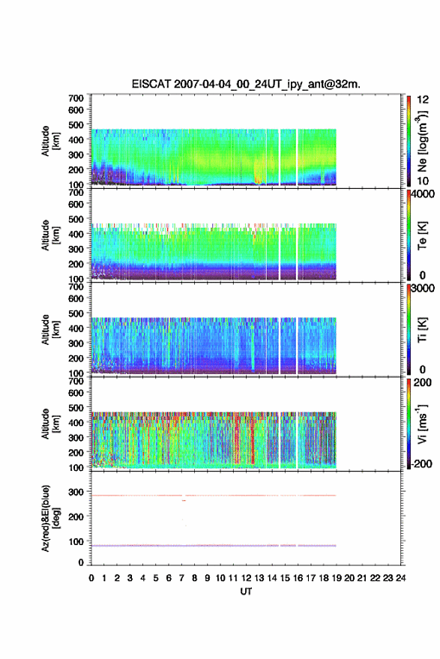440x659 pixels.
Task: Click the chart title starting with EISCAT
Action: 246,84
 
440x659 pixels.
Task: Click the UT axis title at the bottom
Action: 246,592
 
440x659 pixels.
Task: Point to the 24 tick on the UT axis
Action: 400,578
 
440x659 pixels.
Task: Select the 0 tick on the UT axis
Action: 91,578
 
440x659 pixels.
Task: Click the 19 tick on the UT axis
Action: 337,578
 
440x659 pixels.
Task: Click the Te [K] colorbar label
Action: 422,235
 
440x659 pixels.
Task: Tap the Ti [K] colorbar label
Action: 422,330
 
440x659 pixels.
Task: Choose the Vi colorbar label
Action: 422,424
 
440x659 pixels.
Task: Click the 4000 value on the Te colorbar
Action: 422,193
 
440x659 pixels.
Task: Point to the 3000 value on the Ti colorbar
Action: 422,288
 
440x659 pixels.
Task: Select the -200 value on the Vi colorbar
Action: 421,463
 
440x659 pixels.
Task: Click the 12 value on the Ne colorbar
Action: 423,100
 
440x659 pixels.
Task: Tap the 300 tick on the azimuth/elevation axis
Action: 76,492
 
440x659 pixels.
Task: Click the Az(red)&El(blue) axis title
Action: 50,518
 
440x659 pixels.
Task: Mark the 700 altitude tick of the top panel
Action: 76,98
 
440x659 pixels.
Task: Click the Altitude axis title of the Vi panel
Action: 50,424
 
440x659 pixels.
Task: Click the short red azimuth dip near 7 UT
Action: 184,500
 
